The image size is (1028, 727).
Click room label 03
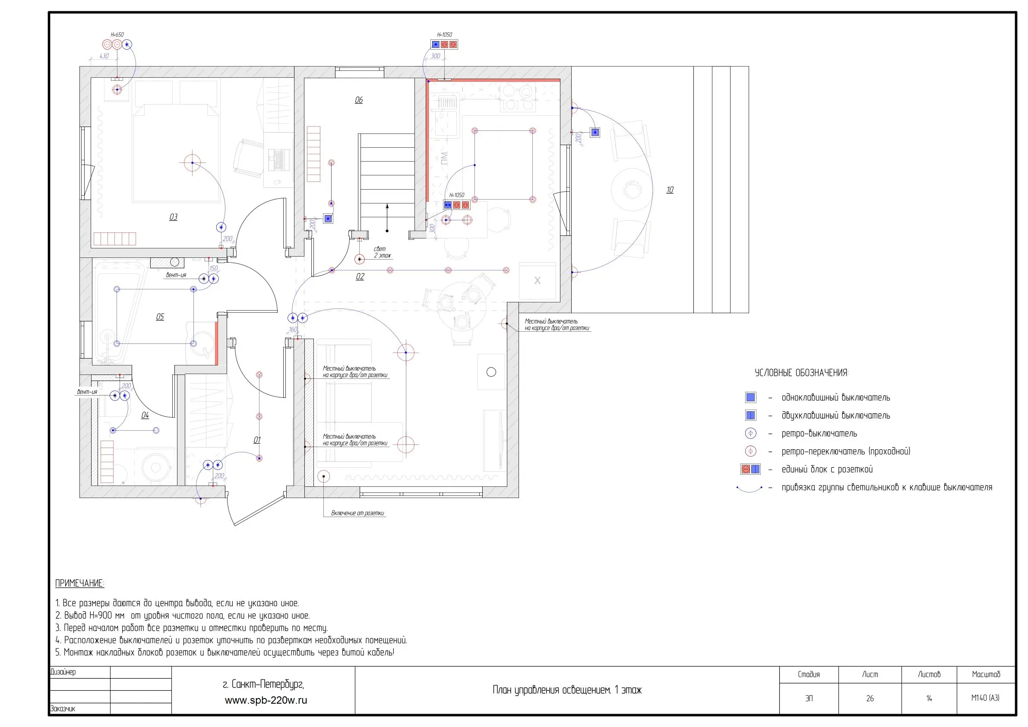[173, 217]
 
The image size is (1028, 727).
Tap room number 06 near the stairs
[359, 100]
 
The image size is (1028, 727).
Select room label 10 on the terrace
[669, 190]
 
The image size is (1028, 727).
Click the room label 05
[160, 317]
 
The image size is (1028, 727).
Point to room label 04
[145, 415]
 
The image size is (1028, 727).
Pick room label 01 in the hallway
[257, 440]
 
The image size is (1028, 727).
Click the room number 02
[360, 276]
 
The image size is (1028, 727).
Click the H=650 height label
[117, 35]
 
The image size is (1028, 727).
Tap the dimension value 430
[104, 56]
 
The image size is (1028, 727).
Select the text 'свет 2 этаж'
[382, 252]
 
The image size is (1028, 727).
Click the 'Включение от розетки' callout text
[357, 513]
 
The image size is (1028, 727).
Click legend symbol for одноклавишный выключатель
[750, 397]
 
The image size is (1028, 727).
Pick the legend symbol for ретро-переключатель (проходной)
[750, 451]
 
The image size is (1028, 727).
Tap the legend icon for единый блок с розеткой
[750, 469]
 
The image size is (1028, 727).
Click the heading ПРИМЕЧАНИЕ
[79, 583]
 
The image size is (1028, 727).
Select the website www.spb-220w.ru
[266, 700]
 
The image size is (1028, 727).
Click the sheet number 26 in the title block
[870, 698]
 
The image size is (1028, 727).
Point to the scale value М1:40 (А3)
[985, 698]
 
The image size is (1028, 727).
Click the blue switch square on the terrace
[595, 133]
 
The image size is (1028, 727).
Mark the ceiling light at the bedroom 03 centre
[192, 162]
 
